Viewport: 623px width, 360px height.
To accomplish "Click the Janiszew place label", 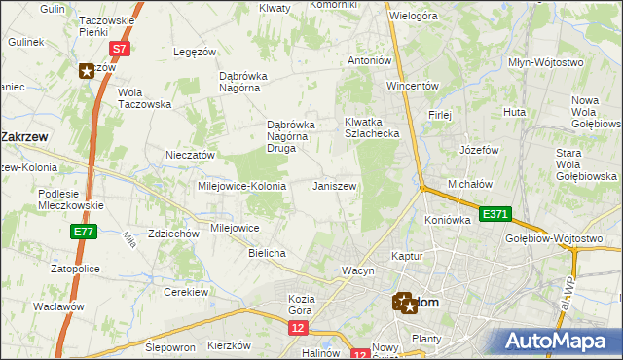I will coord(334,186).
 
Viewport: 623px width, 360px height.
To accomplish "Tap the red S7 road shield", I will coord(118,48).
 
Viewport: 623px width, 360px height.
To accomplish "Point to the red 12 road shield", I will coord(297,329).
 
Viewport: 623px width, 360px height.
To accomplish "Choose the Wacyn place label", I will coord(357,270).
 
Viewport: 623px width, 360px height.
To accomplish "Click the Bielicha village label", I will coord(267,253).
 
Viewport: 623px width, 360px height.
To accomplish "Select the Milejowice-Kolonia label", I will coord(241,186).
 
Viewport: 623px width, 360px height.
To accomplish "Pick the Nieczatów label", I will coord(190,155).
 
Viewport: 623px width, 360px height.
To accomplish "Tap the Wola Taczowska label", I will coord(144,98).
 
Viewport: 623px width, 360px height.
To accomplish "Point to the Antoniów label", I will coord(370,60).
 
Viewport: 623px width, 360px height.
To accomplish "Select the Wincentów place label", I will coord(415,85).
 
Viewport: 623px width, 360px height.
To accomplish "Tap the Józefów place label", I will coord(478,151).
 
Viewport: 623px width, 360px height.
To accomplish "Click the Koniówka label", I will coord(448,220).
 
